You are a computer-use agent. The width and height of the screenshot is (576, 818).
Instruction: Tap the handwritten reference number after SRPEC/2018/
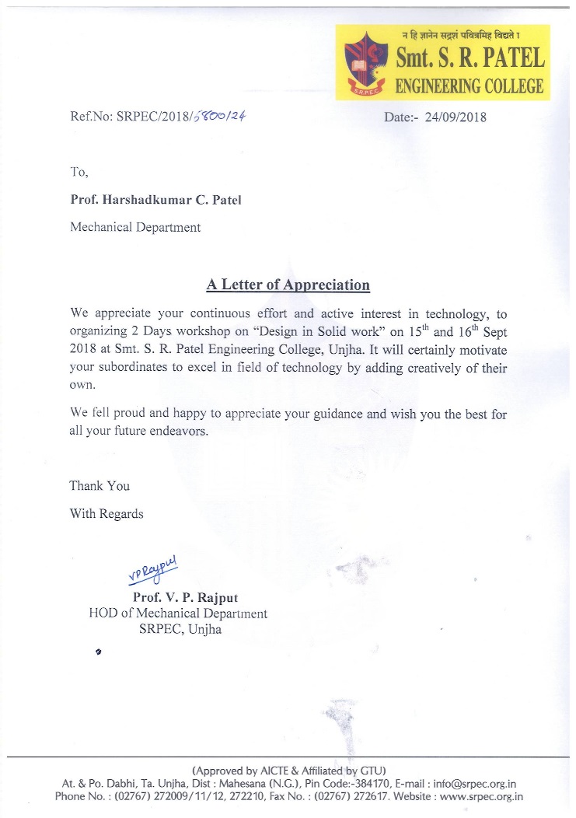click(x=225, y=117)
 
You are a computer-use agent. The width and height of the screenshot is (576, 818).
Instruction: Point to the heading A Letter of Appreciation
click(x=288, y=285)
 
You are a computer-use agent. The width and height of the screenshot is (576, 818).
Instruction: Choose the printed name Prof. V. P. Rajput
click(x=186, y=597)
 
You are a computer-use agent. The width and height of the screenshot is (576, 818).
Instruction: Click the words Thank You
click(x=99, y=486)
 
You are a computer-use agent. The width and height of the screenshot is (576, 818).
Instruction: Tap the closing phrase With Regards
click(x=106, y=514)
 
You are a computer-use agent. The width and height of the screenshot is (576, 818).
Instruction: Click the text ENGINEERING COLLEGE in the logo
click(x=470, y=86)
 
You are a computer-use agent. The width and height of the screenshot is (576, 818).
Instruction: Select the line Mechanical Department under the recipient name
click(x=135, y=228)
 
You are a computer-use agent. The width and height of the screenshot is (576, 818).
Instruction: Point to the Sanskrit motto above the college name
click(x=470, y=35)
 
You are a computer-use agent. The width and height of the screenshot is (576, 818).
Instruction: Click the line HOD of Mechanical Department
click(x=178, y=613)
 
